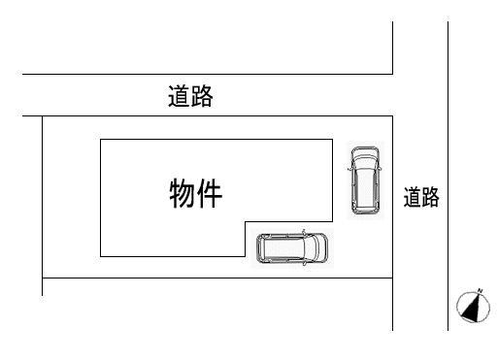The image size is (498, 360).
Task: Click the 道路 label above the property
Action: click(189, 97)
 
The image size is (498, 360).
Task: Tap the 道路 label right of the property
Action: click(421, 198)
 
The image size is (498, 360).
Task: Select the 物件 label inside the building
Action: click(196, 194)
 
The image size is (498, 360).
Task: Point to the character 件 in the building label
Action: click(211, 194)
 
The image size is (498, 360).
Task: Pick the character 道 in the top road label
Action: click(178, 97)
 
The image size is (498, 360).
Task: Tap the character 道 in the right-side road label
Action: click(413, 198)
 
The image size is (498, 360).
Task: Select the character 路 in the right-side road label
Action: click(430, 198)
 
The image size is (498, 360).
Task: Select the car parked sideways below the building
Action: click(292, 248)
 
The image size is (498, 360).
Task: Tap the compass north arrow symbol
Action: click(473, 307)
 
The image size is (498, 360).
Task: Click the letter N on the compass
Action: click(479, 290)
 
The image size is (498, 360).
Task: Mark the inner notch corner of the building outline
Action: click(245, 220)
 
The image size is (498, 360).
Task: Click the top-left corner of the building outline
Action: click(101, 139)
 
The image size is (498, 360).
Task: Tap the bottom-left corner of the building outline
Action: click(101, 256)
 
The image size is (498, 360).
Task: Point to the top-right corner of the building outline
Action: click(331, 139)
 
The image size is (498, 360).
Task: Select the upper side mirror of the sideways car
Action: click(304, 232)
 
